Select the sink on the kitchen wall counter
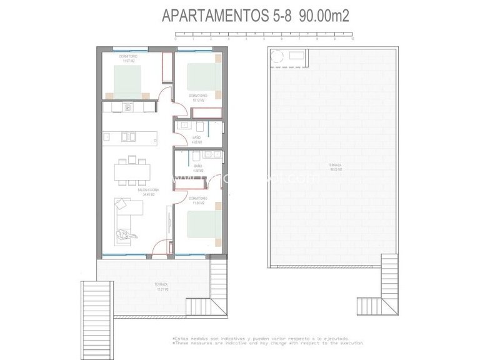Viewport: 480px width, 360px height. (x=128, y=107)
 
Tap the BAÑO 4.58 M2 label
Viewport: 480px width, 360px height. (x=197, y=168)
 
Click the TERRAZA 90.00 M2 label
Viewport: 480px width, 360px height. (x=335, y=167)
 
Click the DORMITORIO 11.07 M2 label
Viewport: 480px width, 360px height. (x=129, y=58)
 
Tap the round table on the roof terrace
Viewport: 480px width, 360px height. (x=277, y=57)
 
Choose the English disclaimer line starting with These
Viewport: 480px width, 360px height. (x=267, y=342)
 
